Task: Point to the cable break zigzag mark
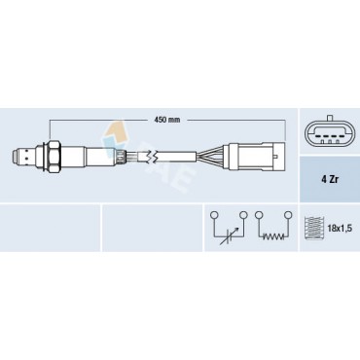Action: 149,153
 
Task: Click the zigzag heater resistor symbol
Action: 272,229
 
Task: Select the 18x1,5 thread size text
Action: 338,228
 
